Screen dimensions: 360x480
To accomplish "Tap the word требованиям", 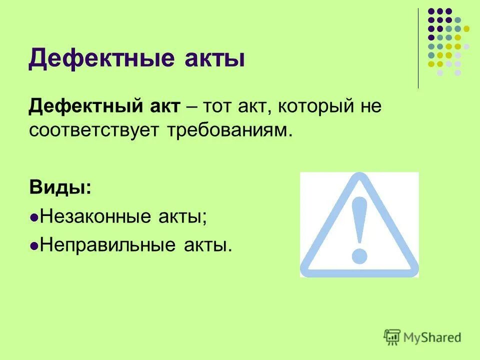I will point(227,130).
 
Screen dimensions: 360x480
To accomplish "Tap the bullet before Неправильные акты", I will point(34,246).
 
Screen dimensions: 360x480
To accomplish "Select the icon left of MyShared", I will point(392,337).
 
